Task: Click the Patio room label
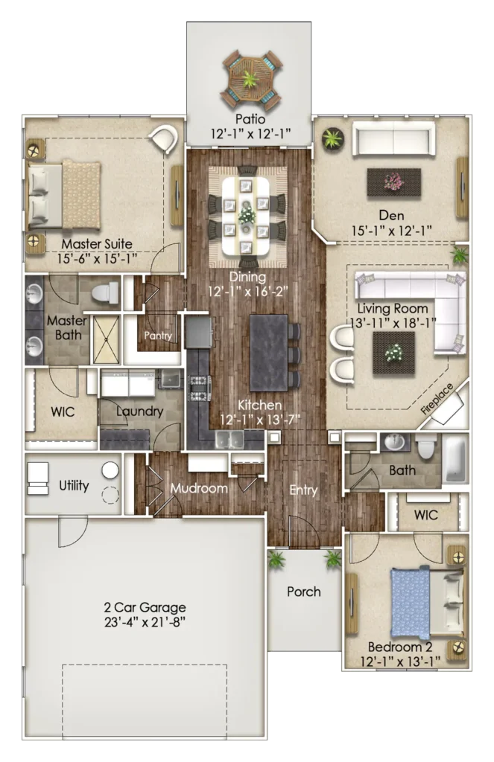tap(250, 119)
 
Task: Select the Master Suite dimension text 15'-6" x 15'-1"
tap(97, 258)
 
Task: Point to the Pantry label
tap(158, 336)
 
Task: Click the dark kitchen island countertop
tap(269, 352)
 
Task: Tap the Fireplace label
tap(437, 399)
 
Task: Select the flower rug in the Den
tap(393, 182)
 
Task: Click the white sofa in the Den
tap(393, 138)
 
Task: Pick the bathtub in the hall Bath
tap(455, 458)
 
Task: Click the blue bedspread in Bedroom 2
tap(411, 603)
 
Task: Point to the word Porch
tap(304, 592)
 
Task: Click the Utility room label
tap(74, 485)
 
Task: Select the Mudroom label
tap(199, 488)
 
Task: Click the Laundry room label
tap(139, 412)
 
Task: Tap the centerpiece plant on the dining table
tap(247, 214)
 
